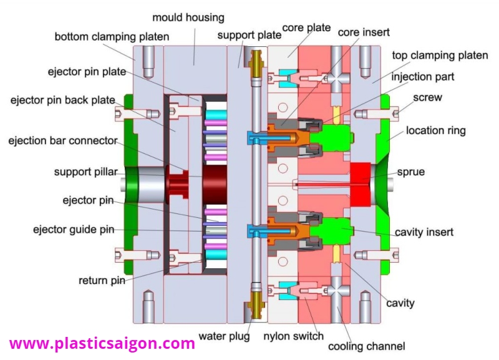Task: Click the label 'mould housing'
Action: [188, 17]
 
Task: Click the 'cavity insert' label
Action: [424, 232]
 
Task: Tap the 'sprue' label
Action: [411, 172]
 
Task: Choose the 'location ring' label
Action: [435, 131]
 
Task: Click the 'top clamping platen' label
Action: [440, 56]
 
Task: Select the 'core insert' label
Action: [362, 31]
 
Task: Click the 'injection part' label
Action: [422, 77]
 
